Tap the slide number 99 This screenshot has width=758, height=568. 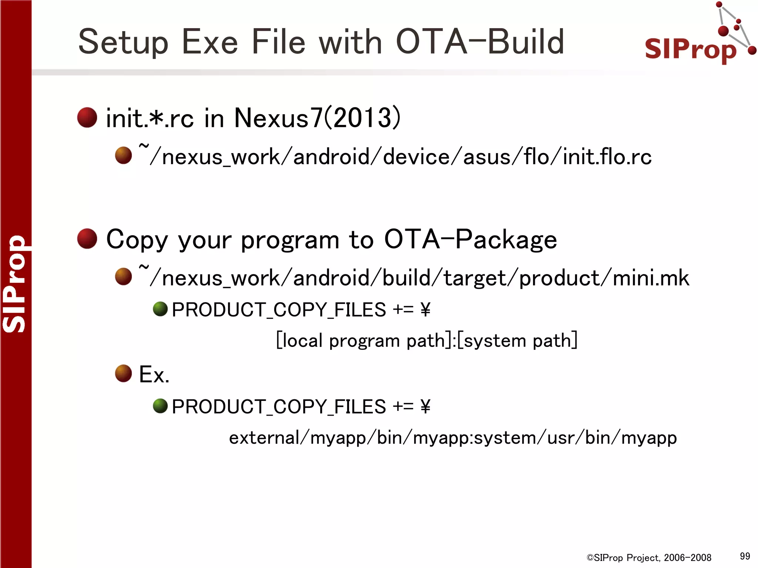[x=745, y=556]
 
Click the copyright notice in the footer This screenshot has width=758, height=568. [x=649, y=558]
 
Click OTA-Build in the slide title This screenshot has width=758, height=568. [x=480, y=41]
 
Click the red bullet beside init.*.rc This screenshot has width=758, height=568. [x=87, y=118]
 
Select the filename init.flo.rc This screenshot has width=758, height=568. [x=607, y=157]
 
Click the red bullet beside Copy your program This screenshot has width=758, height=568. [x=87, y=239]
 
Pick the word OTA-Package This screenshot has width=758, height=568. [x=470, y=240]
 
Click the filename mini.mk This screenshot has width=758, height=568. [x=651, y=278]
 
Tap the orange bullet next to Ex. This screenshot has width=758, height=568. [x=124, y=373]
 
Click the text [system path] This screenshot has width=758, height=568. [x=517, y=340]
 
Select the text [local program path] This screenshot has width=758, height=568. [x=363, y=340]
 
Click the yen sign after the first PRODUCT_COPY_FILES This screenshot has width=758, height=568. [x=425, y=310]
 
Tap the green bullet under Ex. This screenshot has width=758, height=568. [x=160, y=406]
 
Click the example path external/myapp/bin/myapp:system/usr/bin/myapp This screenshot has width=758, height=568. [x=453, y=438]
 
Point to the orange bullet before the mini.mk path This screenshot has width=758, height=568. [x=124, y=277]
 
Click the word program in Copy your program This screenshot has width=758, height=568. [x=290, y=240]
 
